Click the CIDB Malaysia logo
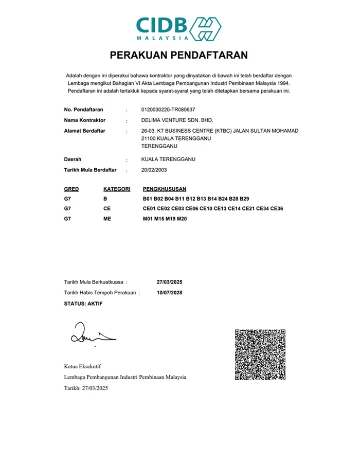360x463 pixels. click(x=178, y=28)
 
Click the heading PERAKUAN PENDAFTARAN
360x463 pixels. click(x=179, y=55)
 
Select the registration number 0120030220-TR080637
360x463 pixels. click(x=168, y=110)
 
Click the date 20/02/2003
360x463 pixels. click(x=154, y=170)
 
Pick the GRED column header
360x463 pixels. click(x=71, y=189)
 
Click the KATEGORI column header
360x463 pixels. click(x=117, y=189)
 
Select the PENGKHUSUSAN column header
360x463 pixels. click(x=165, y=189)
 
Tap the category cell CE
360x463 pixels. click(x=107, y=209)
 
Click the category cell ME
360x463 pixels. click(x=107, y=219)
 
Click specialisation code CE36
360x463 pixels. click(x=277, y=209)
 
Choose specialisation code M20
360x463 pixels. click(x=182, y=219)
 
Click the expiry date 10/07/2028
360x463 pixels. click(x=169, y=293)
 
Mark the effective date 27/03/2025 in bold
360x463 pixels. click(x=169, y=282)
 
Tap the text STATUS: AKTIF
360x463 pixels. click(x=83, y=304)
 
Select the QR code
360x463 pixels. click(x=261, y=354)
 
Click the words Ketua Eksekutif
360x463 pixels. click(x=82, y=366)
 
